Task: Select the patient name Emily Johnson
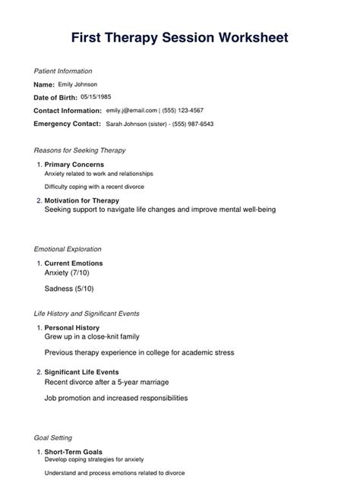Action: pyautogui.click(x=77, y=84)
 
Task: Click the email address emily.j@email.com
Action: pyautogui.click(x=131, y=110)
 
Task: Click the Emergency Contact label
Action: pyautogui.click(x=67, y=124)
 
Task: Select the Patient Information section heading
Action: pyautogui.click(x=63, y=71)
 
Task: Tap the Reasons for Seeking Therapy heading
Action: pyautogui.click(x=80, y=150)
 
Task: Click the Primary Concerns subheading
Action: pyautogui.click(x=74, y=164)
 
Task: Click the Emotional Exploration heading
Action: pyautogui.click(x=68, y=249)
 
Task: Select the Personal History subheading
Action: pyautogui.click(x=72, y=327)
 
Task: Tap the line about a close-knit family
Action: pyautogui.click(x=91, y=336)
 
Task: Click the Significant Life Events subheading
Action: pyautogui.click(x=81, y=372)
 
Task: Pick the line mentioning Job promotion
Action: pyautogui.click(x=115, y=397)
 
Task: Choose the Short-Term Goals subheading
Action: pyautogui.click(x=73, y=451)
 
